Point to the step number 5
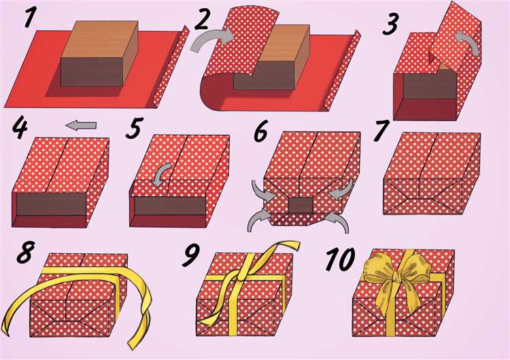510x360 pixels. click(133, 129)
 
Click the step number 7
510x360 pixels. click(381, 131)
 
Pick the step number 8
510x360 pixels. click(25, 252)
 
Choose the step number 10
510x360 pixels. click(340, 259)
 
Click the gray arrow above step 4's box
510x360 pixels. click(81, 125)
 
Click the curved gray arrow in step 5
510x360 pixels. click(162, 174)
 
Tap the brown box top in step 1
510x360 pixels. click(100, 39)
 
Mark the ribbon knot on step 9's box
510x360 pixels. click(241, 277)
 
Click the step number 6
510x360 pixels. click(261, 131)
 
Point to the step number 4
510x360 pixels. click(20, 129)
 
